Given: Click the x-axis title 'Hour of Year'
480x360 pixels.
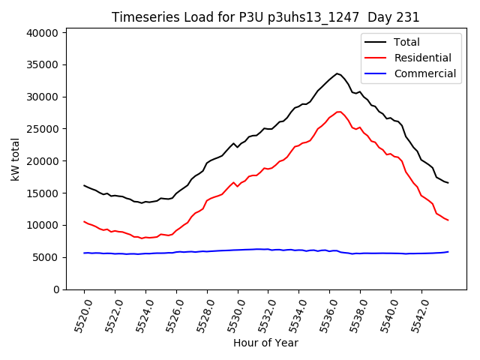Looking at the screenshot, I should tap(265, 343).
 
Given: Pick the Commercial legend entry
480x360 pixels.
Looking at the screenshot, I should tap(424, 73).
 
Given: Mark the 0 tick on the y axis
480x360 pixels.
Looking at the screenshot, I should tap(55, 289).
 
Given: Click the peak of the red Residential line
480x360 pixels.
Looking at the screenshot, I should tap(339, 112).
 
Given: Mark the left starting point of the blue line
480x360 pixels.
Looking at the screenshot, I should tap(84, 253).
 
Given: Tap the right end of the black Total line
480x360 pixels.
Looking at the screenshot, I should tap(448, 183).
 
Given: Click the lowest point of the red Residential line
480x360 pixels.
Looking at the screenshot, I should tap(142, 238).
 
